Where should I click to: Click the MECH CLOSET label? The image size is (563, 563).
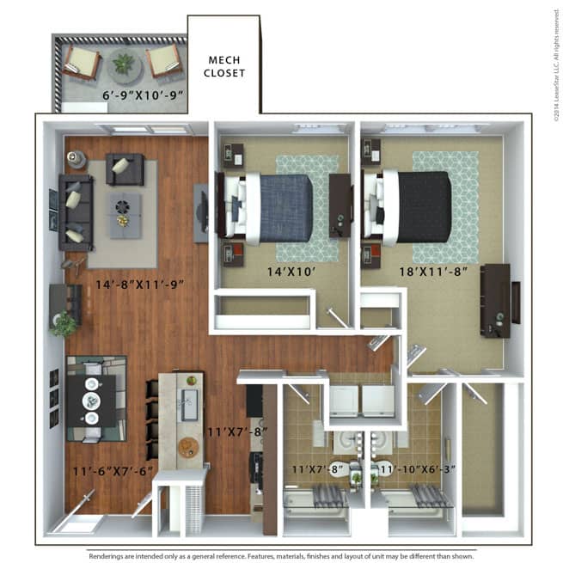pyautogui.click(x=224, y=66)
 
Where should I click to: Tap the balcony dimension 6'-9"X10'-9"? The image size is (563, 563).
pyautogui.click(x=143, y=96)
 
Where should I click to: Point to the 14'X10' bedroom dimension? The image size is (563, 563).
pyautogui.click(x=285, y=273)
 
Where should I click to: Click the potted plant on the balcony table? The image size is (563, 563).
pyautogui.click(x=125, y=63)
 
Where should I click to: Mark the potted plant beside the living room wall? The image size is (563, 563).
pyautogui.click(x=64, y=324)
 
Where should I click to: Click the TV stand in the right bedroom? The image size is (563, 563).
pyautogui.click(x=496, y=293)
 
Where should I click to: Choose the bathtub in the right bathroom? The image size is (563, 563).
pyautogui.click(x=416, y=499)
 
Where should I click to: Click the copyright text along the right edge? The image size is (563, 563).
pyautogui.click(x=556, y=60)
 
